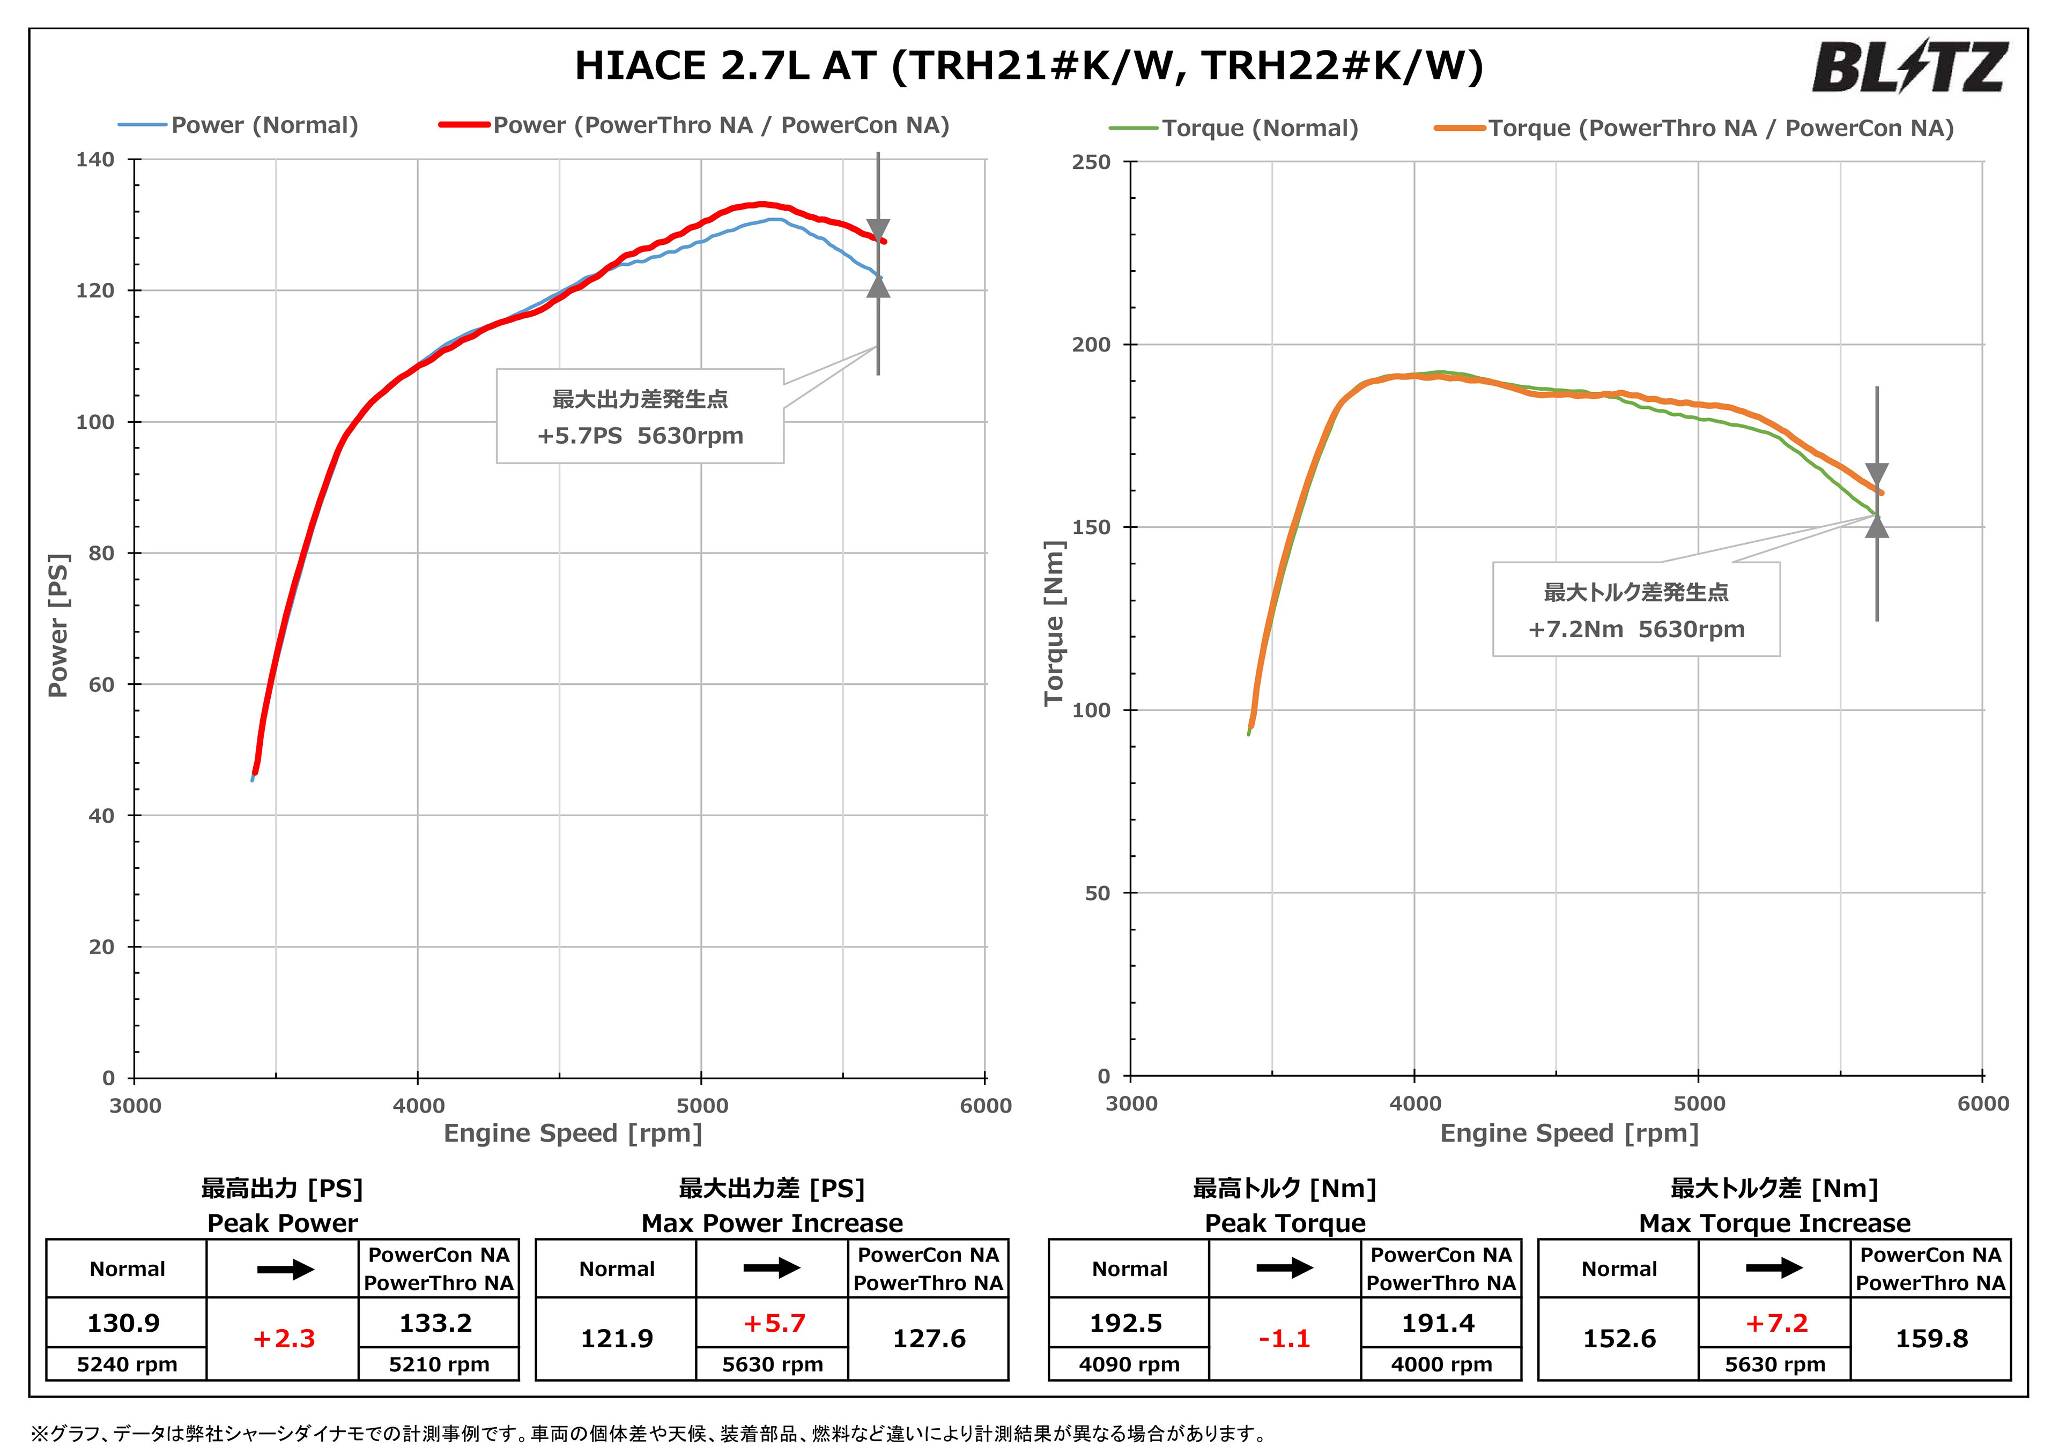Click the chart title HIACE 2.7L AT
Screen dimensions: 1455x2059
(x=1028, y=65)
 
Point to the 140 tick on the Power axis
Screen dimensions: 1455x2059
(x=96, y=160)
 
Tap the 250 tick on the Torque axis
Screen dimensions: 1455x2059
(x=1091, y=162)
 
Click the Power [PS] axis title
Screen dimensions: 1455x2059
(x=58, y=625)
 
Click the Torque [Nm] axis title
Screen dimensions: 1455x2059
(x=1055, y=623)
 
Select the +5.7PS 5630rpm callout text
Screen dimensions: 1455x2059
(x=640, y=436)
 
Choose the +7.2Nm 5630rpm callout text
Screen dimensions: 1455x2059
(x=1636, y=629)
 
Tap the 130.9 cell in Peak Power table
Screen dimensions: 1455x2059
(x=124, y=1323)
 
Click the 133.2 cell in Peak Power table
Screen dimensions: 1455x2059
(x=436, y=1323)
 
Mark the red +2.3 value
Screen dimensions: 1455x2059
(x=284, y=1339)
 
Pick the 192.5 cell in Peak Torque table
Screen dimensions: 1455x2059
(x=1127, y=1323)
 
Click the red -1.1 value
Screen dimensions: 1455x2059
(x=1284, y=1339)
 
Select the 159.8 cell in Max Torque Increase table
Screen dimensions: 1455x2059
(x=1932, y=1339)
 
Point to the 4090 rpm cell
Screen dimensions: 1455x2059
(x=1129, y=1364)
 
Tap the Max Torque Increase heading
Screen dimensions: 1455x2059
(x=1774, y=1223)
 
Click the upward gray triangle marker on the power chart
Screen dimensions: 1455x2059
(x=878, y=287)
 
